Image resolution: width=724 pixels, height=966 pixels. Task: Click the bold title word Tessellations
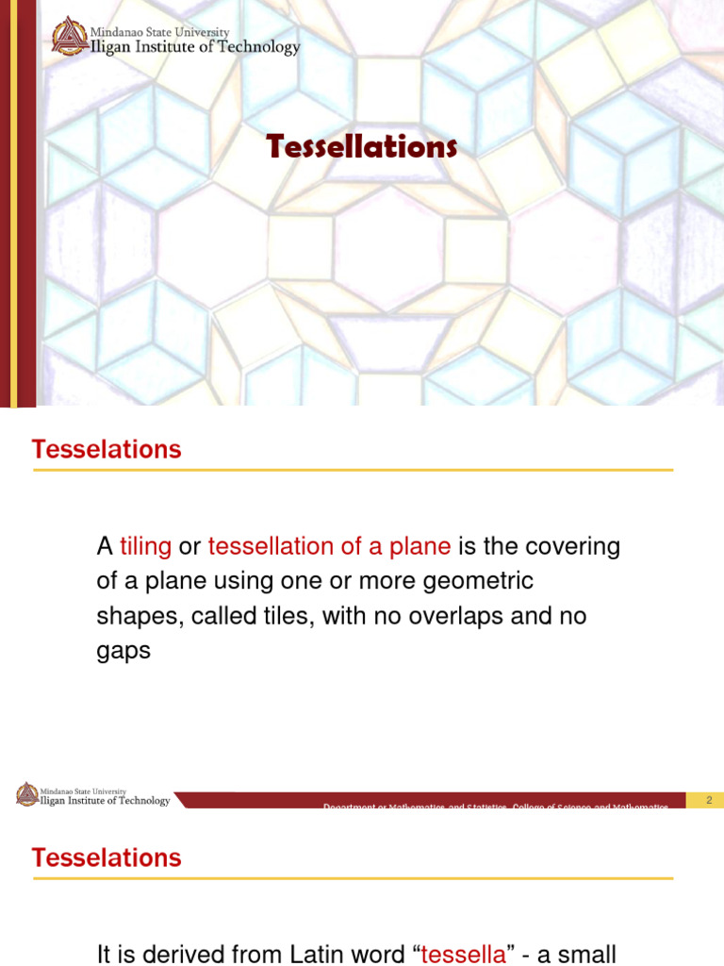362,147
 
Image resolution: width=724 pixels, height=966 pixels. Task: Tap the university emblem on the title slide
69,37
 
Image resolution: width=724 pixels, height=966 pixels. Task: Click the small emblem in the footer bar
27,795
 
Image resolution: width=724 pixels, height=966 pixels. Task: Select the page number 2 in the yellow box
708,800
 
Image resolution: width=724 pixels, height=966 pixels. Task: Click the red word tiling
145,546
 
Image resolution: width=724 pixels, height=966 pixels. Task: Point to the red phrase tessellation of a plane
329,546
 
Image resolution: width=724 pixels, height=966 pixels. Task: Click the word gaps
123,652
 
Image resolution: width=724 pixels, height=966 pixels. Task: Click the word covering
574,546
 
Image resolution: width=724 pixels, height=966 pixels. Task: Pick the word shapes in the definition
140,617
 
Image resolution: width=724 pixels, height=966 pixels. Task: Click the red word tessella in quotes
463,954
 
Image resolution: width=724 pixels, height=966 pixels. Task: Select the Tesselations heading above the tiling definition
107,450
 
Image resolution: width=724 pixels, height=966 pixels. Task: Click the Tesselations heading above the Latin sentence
107,858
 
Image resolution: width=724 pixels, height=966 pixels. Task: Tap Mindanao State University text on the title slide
159,32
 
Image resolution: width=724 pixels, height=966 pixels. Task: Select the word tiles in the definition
287,616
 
